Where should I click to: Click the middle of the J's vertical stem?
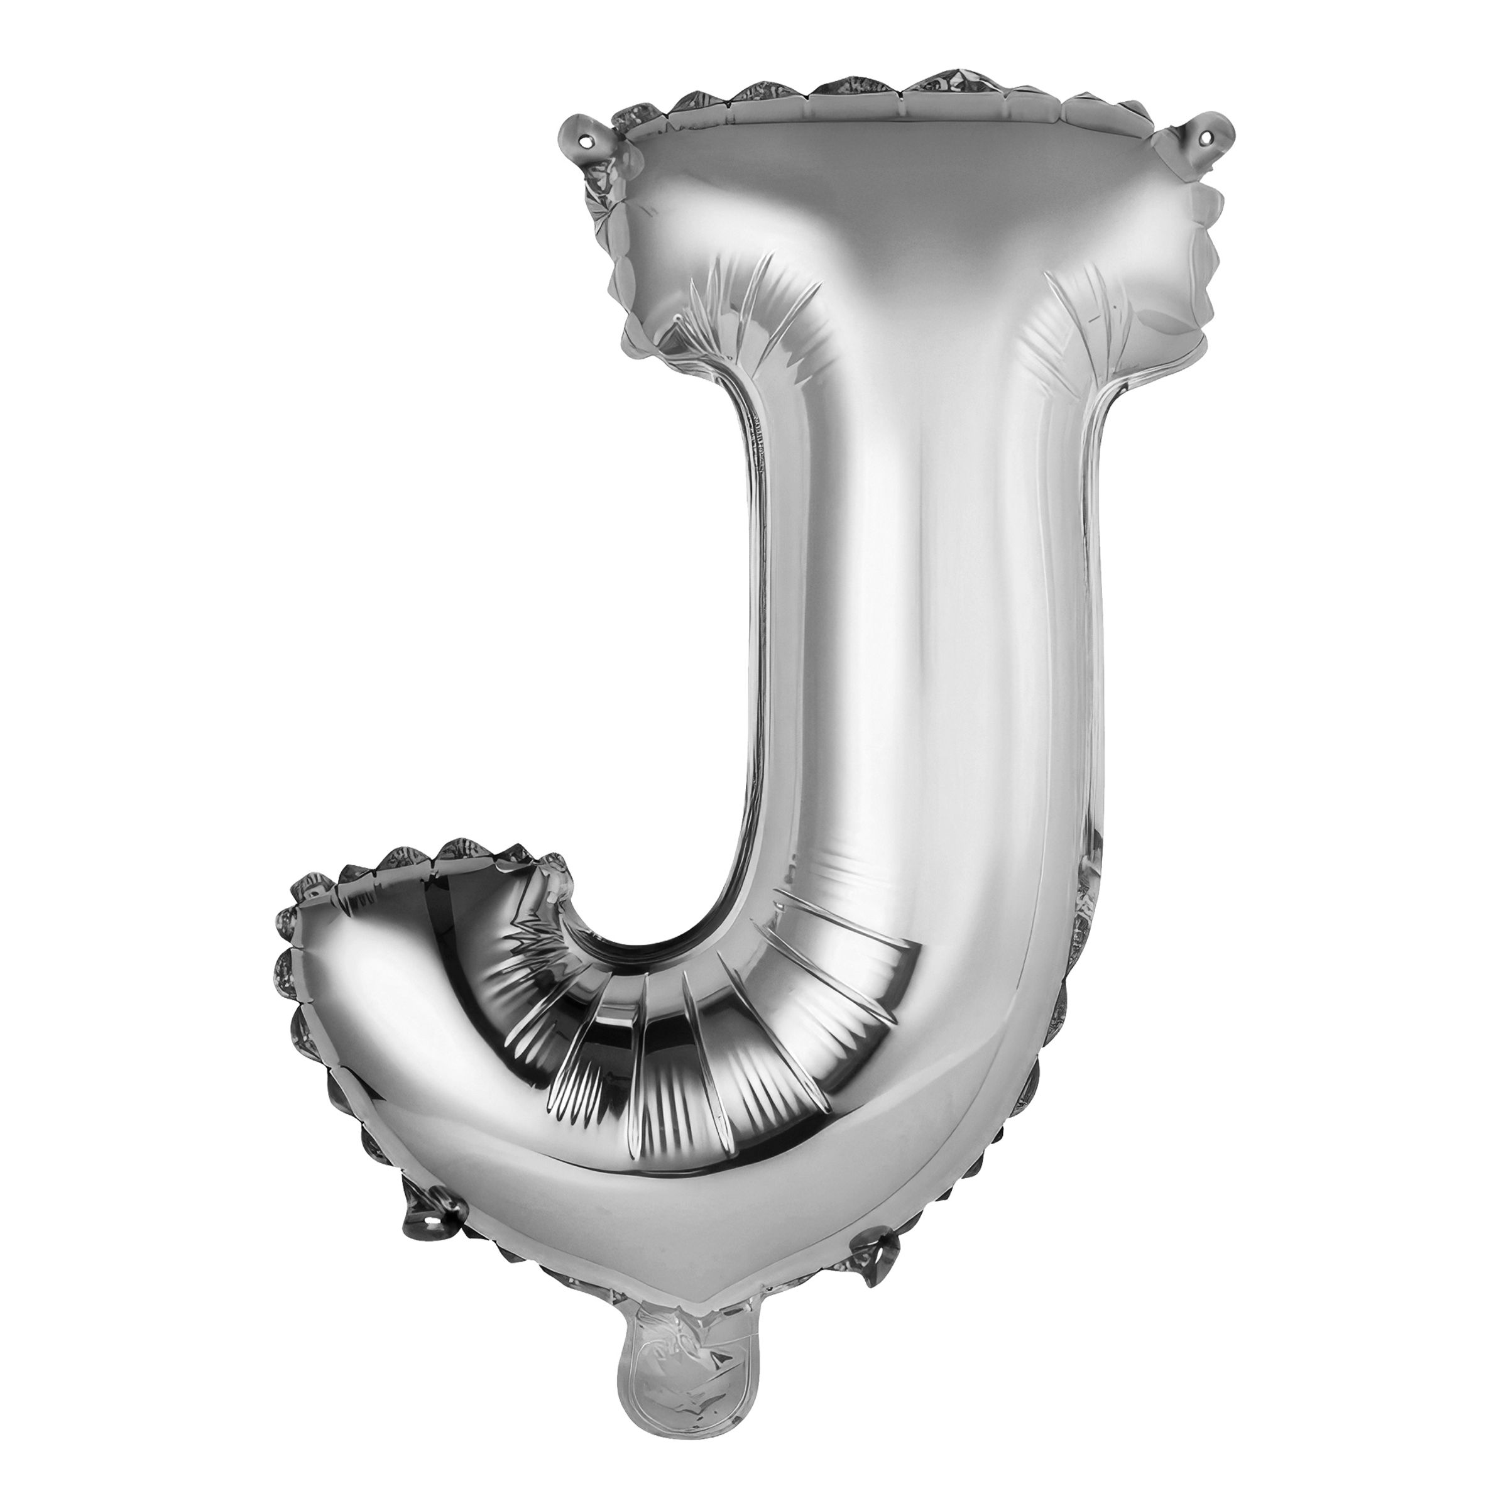[x=921, y=625]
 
